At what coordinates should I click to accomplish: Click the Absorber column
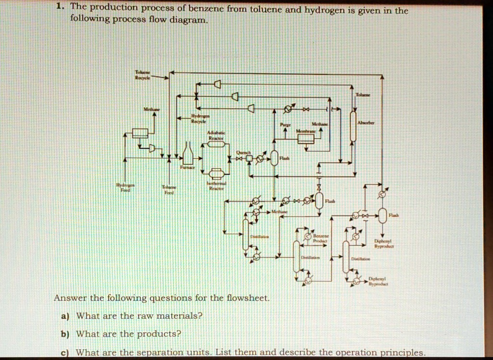353,126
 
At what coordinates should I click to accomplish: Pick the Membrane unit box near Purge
305,139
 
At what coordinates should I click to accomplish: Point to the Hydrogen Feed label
125,187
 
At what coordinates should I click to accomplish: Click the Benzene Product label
320,239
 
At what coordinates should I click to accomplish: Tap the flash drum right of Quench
274,158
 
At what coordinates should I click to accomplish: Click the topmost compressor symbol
217,85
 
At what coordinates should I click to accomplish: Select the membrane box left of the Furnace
140,132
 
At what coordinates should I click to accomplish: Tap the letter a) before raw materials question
65,316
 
